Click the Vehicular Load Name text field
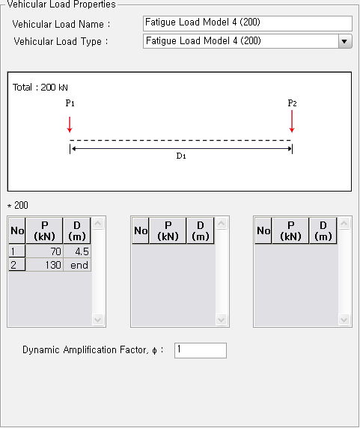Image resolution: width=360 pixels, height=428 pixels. [x=247, y=24]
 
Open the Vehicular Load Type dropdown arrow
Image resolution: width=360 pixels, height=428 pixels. [x=344, y=41]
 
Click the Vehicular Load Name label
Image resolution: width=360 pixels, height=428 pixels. [x=61, y=25]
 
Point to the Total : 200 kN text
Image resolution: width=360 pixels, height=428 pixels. [x=40, y=88]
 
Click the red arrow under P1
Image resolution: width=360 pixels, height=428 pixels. [x=70, y=123]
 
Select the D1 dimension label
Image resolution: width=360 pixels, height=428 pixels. [x=180, y=156]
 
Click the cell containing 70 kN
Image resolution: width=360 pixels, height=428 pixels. [x=44, y=252]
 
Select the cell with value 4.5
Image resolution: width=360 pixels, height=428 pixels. [x=77, y=252]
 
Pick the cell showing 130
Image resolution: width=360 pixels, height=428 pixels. [x=44, y=265]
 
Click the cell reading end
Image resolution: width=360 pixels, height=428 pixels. [x=77, y=265]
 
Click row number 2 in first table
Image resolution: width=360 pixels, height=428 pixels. [x=16, y=265]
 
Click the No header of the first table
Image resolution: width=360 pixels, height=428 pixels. [x=16, y=231]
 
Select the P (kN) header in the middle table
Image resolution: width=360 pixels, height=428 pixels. [x=168, y=231]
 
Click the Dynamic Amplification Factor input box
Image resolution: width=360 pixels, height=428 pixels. [x=200, y=350]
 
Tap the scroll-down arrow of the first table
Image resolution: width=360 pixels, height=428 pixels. [x=98, y=320]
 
